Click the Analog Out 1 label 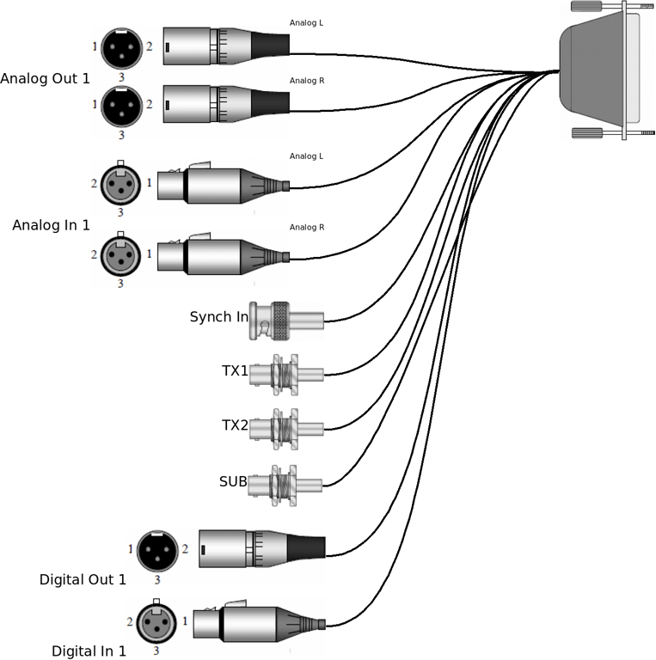pos(45,79)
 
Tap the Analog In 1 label pos(51,225)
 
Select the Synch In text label pos(218,317)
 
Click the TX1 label pos(235,371)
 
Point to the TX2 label pos(235,425)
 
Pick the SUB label pos(233,480)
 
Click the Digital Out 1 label pos(83,579)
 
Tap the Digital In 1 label pos(89,651)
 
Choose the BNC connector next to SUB pos(286,485)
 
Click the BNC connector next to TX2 pos(286,429)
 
